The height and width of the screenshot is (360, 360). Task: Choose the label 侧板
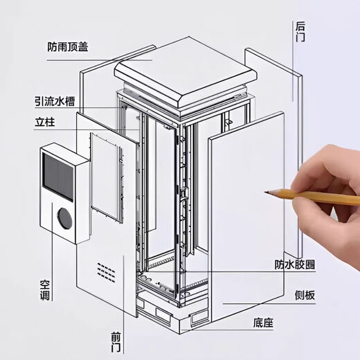pyautogui.click(x=305, y=296)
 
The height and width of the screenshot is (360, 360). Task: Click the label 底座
pyautogui.click(x=262, y=323)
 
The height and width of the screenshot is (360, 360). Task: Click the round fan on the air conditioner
pyautogui.click(x=64, y=217)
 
